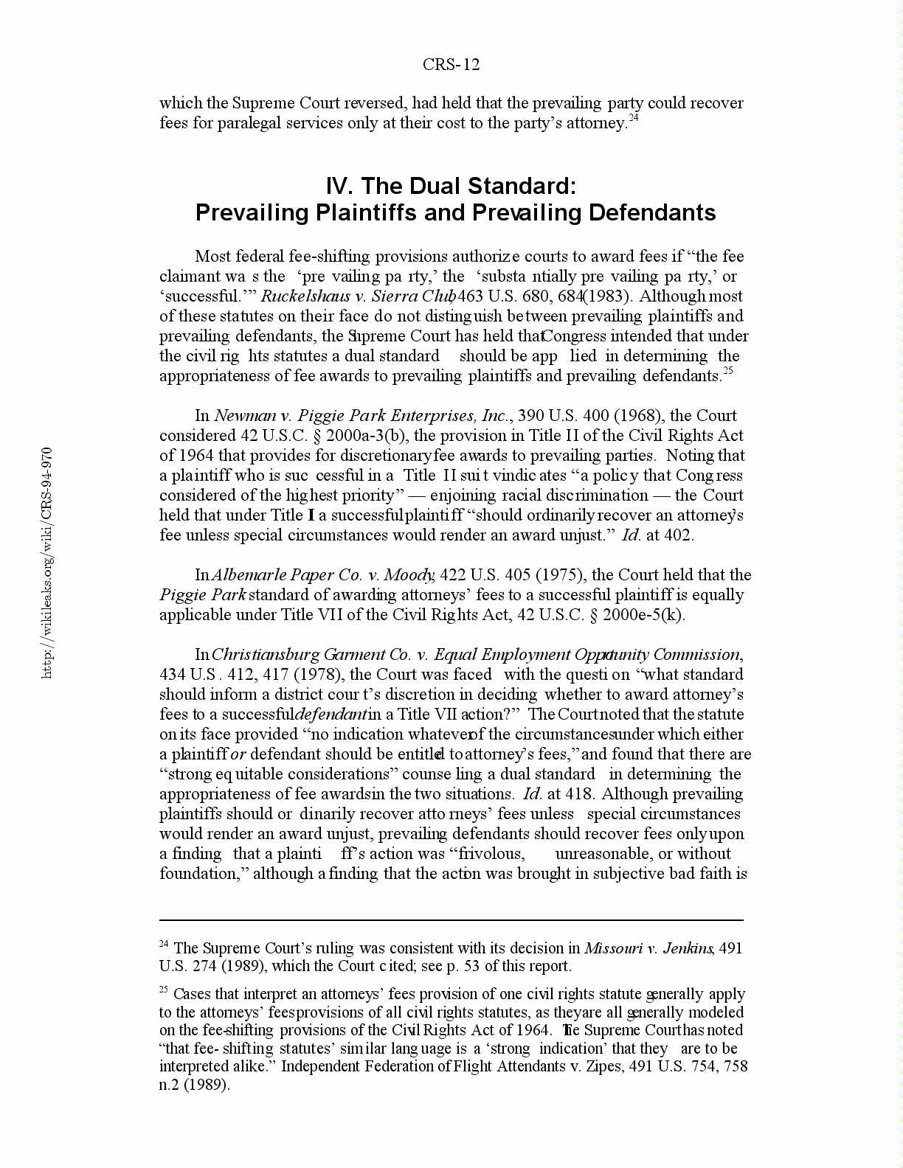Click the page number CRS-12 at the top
[451, 65]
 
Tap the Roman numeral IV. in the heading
[340, 186]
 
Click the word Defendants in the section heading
[654, 213]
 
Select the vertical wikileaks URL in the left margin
[47, 562]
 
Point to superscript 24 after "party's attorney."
[633, 118]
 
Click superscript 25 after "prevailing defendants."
[727, 371]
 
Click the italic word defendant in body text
[331, 715]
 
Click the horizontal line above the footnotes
[451, 920]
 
